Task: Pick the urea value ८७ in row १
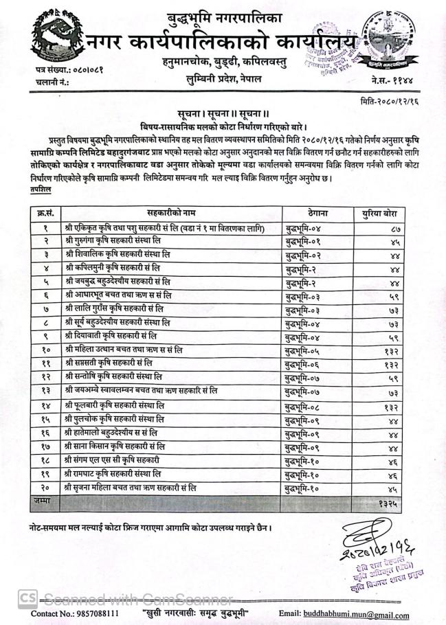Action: pos(394,228)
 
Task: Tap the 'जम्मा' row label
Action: pos(43,502)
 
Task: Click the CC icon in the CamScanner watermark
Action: pos(28,597)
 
